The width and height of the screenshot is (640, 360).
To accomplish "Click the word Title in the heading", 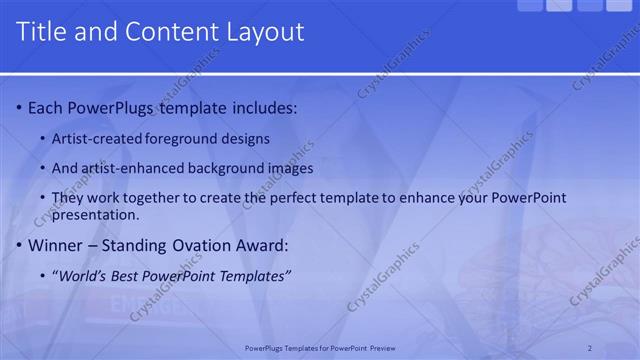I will tap(42, 32).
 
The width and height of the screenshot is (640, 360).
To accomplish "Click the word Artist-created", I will tap(97, 138).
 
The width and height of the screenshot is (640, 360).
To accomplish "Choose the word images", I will tap(291, 168).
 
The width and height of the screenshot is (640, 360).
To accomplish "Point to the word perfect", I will tap(313, 198).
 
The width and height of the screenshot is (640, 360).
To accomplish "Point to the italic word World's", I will tap(83, 275).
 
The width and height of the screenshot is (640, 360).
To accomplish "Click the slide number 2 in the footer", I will tap(590, 348).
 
